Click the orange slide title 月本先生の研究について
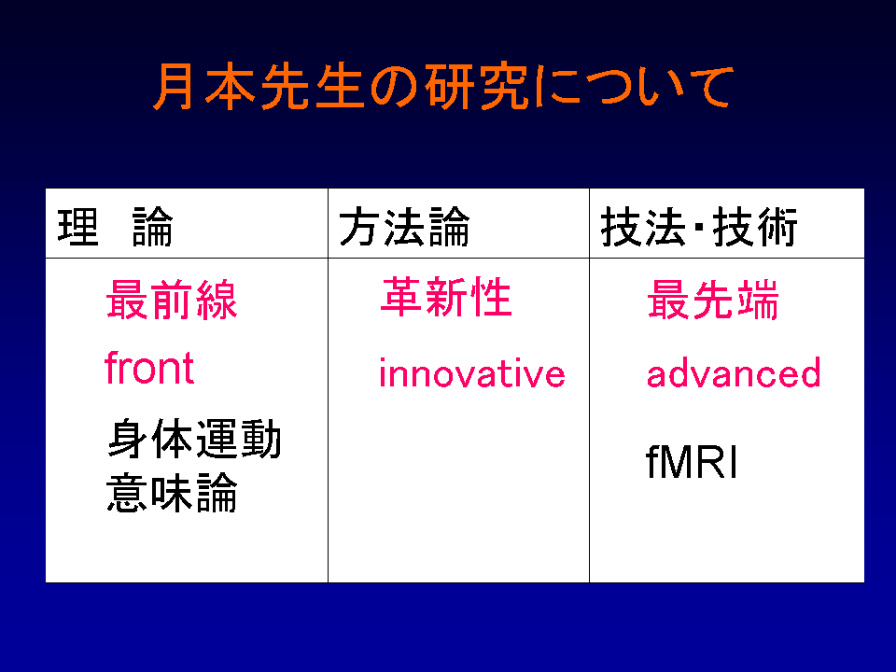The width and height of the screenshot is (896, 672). pyautogui.click(x=443, y=87)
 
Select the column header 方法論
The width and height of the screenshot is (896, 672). pyautogui.click(x=404, y=227)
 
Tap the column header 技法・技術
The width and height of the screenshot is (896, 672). pyautogui.click(x=699, y=227)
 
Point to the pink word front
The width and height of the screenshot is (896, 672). pyautogui.click(x=149, y=368)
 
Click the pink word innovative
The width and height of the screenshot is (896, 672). pyautogui.click(x=472, y=373)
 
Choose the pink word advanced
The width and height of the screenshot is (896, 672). pyautogui.click(x=734, y=373)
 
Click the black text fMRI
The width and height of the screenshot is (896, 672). pyautogui.click(x=692, y=462)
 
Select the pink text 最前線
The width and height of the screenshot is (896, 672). pyautogui.click(x=172, y=300)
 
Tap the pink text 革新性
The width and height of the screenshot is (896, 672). pyautogui.click(x=446, y=297)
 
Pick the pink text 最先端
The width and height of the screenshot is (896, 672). pyautogui.click(x=712, y=300)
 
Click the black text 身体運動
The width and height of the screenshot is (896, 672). pyautogui.click(x=194, y=439)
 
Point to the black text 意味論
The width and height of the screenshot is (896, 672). pyautogui.click(x=172, y=492)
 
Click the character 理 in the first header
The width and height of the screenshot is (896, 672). pyautogui.click(x=78, y=227)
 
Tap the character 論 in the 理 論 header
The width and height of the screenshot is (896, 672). pyautogui.click(x=152, y=227)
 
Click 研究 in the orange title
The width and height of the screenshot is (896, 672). pyautogui.click(x=478, y=87)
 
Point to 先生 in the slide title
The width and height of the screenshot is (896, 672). pyautogui.click(x=313, y=87)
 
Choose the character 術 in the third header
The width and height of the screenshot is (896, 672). pyautogui.click(x=777, y=227)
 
